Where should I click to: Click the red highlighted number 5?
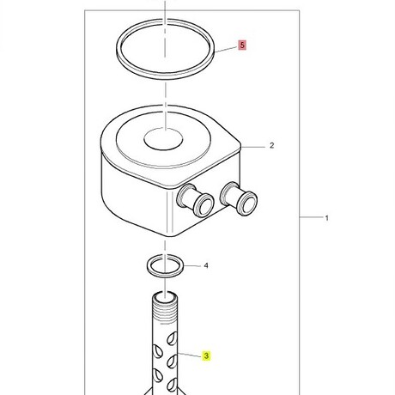click(242, 46)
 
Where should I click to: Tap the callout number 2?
click(271, 145)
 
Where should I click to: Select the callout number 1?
click(326, 218)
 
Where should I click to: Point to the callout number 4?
click(206, 266)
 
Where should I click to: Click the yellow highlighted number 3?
click(206, 355)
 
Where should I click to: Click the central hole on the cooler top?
click(163, 139)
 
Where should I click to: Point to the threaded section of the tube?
click(164, 313)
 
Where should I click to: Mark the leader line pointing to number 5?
click(227, 49)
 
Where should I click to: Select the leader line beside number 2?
click(253, 147)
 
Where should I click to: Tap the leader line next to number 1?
click(311, 217)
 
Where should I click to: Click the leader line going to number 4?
click(192, 266)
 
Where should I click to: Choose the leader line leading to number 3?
click(190, 355)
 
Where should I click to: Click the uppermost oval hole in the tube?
click(172, 338)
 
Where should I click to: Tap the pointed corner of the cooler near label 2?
click(240, 147)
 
